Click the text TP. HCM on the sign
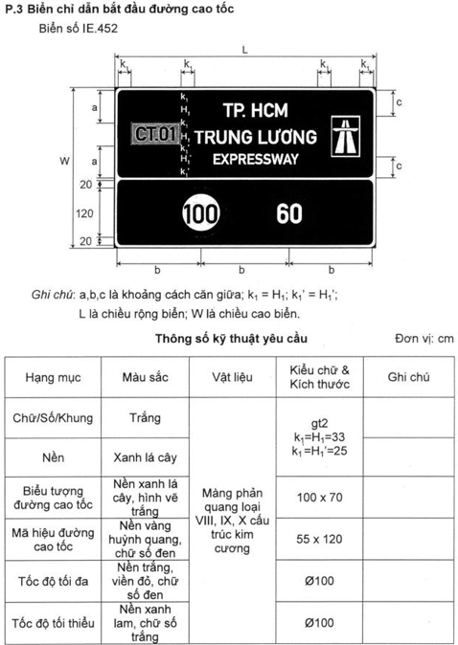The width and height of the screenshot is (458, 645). tap(255, 108)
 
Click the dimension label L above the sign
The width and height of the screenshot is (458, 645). tap(245, 47)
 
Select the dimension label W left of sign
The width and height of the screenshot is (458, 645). tap(63, 161)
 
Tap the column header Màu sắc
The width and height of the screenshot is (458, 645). tap(145, 377)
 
